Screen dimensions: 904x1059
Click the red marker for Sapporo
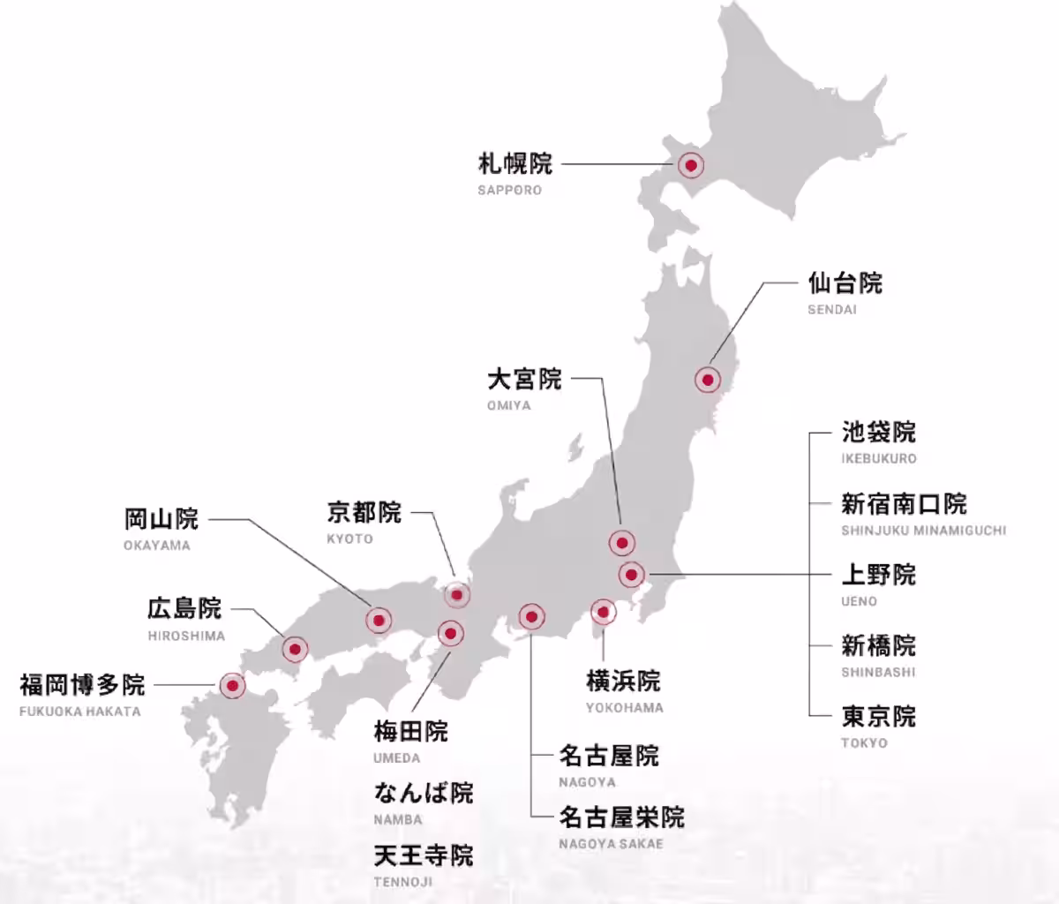point(691,165)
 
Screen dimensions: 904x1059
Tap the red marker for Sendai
point(707,380)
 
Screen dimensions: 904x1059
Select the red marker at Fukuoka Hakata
point(232,685)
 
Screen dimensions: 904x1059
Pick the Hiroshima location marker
point(295,650)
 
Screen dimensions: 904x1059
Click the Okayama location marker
point(379,621)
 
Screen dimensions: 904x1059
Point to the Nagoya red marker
point(530,616)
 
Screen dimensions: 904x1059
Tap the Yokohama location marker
point(603,611)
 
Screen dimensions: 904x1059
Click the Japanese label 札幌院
point(515,163)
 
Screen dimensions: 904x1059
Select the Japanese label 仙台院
point(845,283)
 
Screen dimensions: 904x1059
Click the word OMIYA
point(509,405)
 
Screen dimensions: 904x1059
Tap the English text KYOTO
point(349,539)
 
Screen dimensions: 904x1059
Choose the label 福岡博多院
point(82,684)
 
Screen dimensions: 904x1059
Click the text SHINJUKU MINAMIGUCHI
point(923,531)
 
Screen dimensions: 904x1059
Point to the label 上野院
point(878,575)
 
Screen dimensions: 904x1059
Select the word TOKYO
point(864,742)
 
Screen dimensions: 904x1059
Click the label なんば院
point(424,793)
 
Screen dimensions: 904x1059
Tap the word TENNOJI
point(403,881)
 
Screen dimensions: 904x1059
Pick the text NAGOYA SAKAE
point(611,843)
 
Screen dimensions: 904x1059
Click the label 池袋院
point(878,433)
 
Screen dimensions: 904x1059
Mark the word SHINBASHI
point(878,672)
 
